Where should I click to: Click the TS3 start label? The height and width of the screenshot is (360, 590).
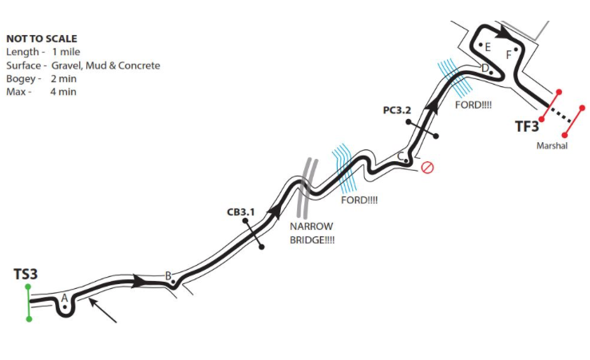pyautogui.click(x=26, y=275)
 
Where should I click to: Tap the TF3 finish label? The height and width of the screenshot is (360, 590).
pyautogui.click(x=526, y=125)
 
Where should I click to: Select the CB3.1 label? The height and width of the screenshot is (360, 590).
pyautogui.click(x=240, y=212)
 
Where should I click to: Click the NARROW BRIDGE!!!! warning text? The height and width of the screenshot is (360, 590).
pyautogui.click(x=311, y=233)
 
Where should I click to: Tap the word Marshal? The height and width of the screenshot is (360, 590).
pyautogui.click(x=552, y=146)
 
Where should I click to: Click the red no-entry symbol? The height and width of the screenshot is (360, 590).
pyautogui.click(x=427, y=168)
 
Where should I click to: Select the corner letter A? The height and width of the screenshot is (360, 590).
pyautogui.click(x=64, y=298)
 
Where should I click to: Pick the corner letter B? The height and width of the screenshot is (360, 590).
pyautogui.click(x=168, y=276)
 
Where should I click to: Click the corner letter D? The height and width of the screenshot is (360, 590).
pyautogui.click(x=485, y=69)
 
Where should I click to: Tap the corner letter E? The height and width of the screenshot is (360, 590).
pyautogui.click(x=487, y=47)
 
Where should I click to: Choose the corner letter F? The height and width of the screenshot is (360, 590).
pyautogui.click(x=509, y=54)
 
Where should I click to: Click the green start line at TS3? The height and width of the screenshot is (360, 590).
pyautogui.click(x=29, y=303)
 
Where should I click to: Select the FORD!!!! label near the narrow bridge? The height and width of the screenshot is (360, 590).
pyautogui.click(x=359, y=200)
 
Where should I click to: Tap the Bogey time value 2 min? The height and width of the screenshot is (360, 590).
pyautogui.click(x=63, y=79)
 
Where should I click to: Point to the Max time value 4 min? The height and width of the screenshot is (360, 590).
pyautogui.click(x=63, y=92)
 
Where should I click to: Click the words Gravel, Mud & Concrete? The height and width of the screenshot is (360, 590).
pyautogui.click(x=106, y=65)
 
